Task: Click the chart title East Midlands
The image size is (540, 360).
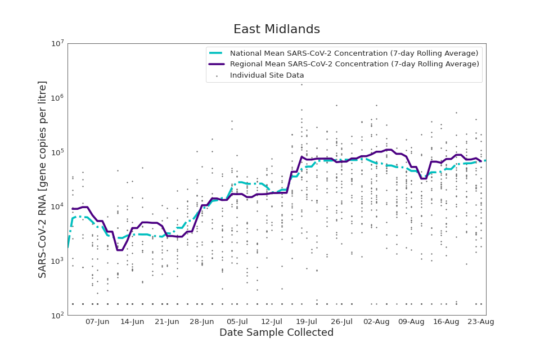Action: (276, 29)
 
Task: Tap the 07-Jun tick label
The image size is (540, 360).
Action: (97, 322)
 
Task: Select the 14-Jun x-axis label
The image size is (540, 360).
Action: (132, 322)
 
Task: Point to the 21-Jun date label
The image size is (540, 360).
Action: (167, 322)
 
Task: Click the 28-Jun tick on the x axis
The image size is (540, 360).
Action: (202, 322)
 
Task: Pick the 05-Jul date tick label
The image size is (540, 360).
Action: (237, 322)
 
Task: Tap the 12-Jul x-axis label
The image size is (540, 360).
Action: (272, 322)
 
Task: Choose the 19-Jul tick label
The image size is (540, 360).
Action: (307, 322)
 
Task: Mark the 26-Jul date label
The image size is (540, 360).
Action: (341, 322)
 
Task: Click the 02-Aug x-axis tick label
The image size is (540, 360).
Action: (376, 322)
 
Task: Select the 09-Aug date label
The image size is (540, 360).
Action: (411, 322)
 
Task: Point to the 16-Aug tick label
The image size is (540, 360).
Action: (446, 322)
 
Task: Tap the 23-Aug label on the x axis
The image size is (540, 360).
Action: (481, 322)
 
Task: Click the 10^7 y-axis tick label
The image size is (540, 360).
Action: (57, 43)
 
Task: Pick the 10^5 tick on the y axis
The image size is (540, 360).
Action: (57, 152)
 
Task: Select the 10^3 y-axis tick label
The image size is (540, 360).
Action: (57, 261)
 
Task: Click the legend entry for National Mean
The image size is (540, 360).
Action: (354, 53)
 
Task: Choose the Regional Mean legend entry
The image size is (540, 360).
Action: (354, 64)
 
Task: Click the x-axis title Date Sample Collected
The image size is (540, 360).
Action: (276, 333)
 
